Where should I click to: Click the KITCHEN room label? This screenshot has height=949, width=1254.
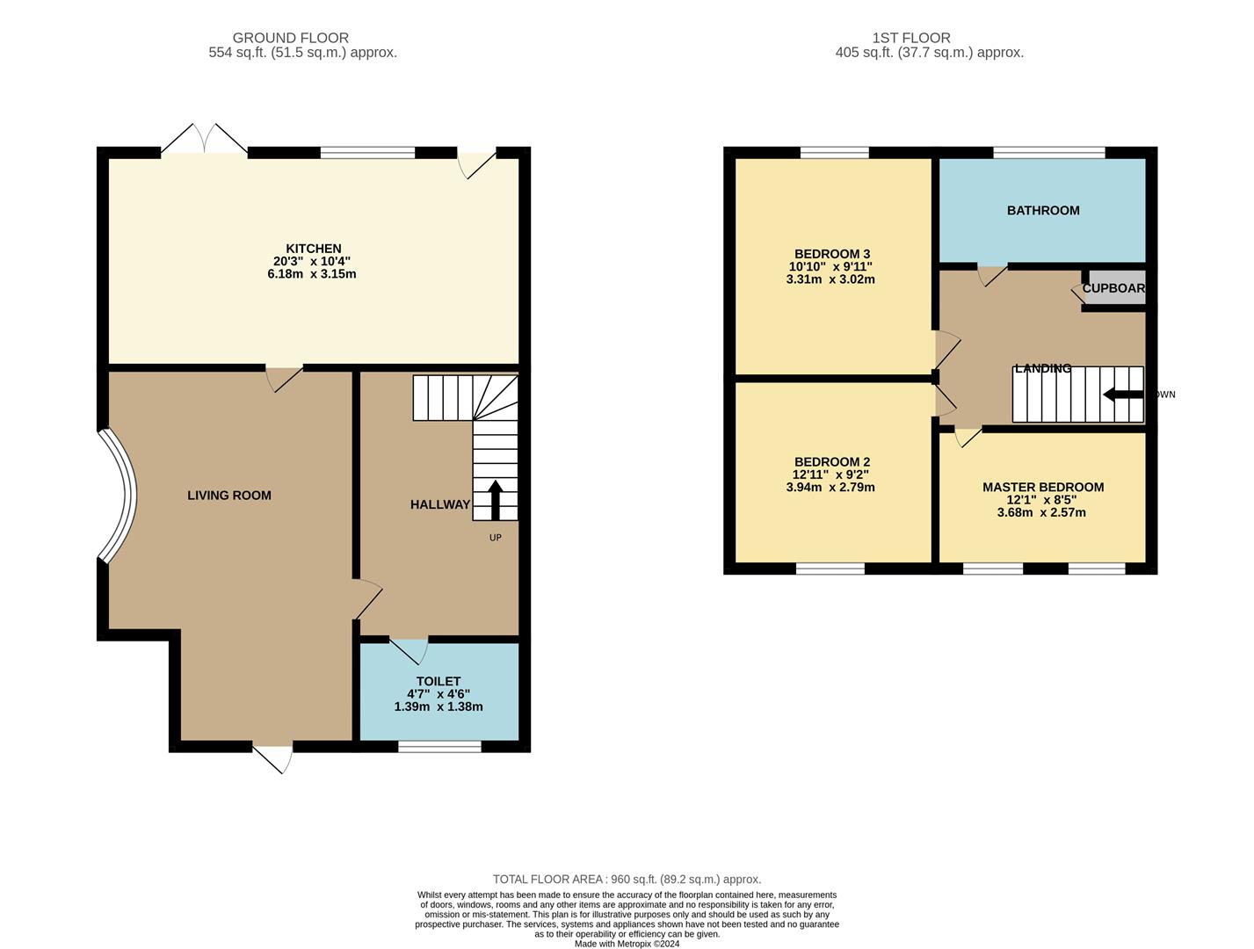click(313, 249)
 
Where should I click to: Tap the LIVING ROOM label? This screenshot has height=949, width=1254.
click(229, 496)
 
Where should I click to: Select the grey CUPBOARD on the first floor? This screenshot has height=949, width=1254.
click(1113, 288)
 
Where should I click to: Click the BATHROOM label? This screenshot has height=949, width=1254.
click(1043, 211)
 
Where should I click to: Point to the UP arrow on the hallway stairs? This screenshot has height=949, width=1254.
click(495, 499)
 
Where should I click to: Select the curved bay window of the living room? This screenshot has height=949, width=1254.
click(118, 495)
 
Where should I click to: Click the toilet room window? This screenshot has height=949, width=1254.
click(439, 747)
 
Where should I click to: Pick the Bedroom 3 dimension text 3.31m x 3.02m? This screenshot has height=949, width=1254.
click(830, 279)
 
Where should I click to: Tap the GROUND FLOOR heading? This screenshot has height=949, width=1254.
click(290, 38)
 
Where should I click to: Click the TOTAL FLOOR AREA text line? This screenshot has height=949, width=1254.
click(627, 879)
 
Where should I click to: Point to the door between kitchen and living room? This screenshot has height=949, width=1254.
click(284, 378)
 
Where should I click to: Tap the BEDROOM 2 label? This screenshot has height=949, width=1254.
click(831, 462)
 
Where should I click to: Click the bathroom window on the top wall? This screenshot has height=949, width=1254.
click(1048, 153)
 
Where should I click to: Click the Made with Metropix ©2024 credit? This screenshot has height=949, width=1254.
click(627, 944)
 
